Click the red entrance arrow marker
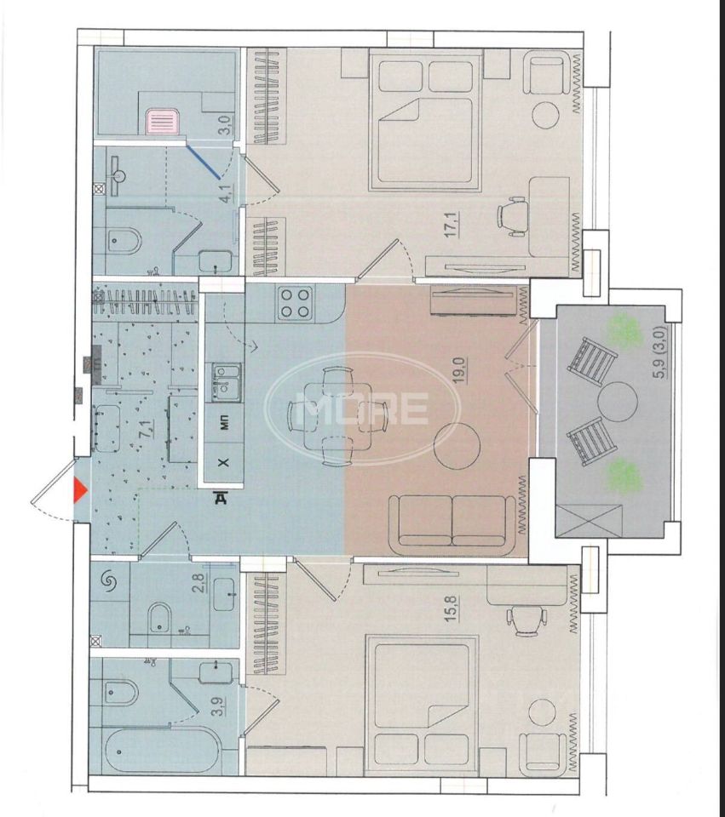coord(80,491)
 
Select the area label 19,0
coord(459,369)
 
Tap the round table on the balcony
coord(618,402)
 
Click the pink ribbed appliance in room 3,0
coord(163,122)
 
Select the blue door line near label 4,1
coord(204,162)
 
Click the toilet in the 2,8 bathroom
coord(159,618)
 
